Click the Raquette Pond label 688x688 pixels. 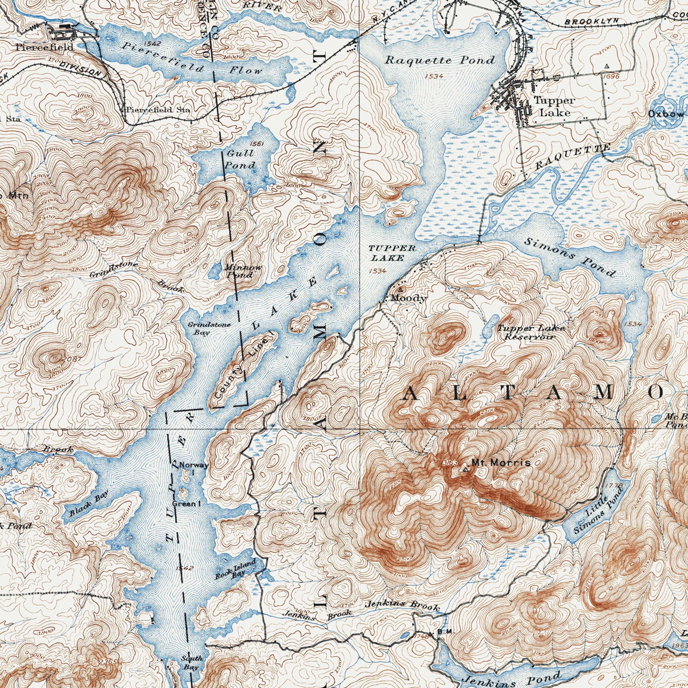440,60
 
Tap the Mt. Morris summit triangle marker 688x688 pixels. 466,469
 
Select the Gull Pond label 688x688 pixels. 240,159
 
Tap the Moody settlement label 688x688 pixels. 409,298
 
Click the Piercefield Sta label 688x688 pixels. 159,110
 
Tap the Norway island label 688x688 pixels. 194,465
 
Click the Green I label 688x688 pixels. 186,504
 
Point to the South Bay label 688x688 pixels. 191,662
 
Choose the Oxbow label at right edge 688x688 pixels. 665,114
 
